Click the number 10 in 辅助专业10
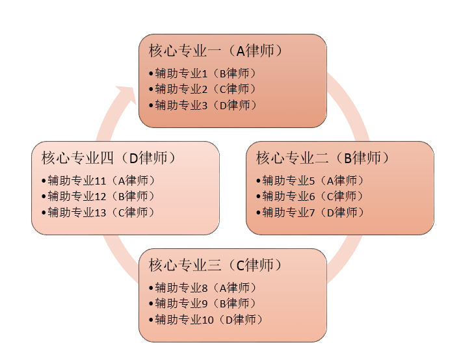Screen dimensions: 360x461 [x=209, y=320]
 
